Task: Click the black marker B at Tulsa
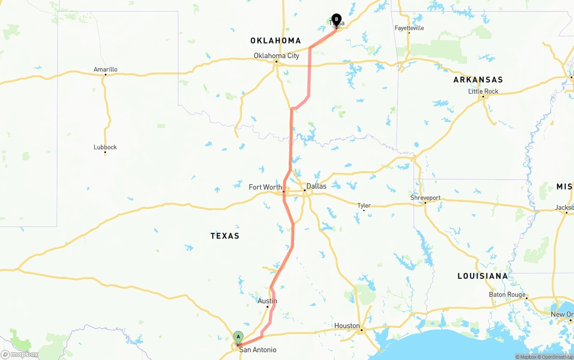click(x=336, y=19)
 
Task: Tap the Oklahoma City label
click(x=276, y=56)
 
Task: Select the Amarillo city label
click(x=105, y=69)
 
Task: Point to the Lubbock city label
click(x=105, y=147)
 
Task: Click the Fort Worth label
click(x=265, y=187)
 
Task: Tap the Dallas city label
click(x=316, y=186)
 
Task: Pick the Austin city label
click(x=267, y=301)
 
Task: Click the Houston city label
click(x=347, y=325)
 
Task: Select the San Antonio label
click(x=257, y=350)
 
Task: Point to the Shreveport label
click(x=425, y=198)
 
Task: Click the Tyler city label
click(x=364, y=205)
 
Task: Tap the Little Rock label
click(x=483, y=91)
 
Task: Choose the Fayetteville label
click(x=409, y=28)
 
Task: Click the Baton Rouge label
click(x=507, y=295)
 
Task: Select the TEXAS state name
click(x=225, y=236)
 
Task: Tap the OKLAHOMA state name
click(x=275, y=41)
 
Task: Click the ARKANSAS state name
click(x=478, y=80)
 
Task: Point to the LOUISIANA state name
click(x=483, y=276)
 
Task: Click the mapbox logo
click(x=20, y=354)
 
